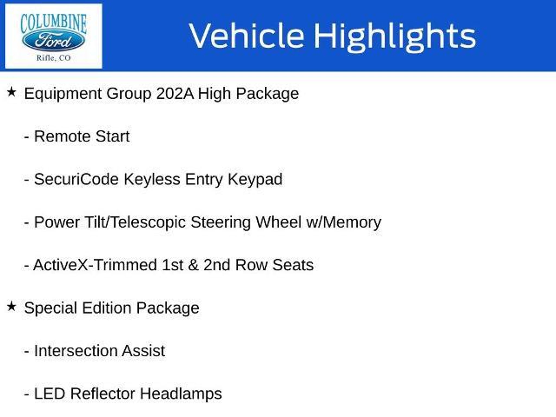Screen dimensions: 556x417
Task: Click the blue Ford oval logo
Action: click(53, 41)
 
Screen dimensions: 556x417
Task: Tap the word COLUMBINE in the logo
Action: click(53, 23)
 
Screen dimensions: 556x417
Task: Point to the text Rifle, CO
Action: click(53, 58)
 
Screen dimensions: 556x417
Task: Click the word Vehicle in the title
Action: click(246, 36)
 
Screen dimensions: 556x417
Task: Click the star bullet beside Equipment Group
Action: click(11, 92)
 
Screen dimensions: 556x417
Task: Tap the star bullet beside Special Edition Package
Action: click(11, 307)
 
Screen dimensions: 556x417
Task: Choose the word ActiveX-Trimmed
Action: click(95, 265)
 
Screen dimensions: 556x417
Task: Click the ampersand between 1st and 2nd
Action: click(193, 265)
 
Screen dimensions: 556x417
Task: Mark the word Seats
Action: click(293, 265)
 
